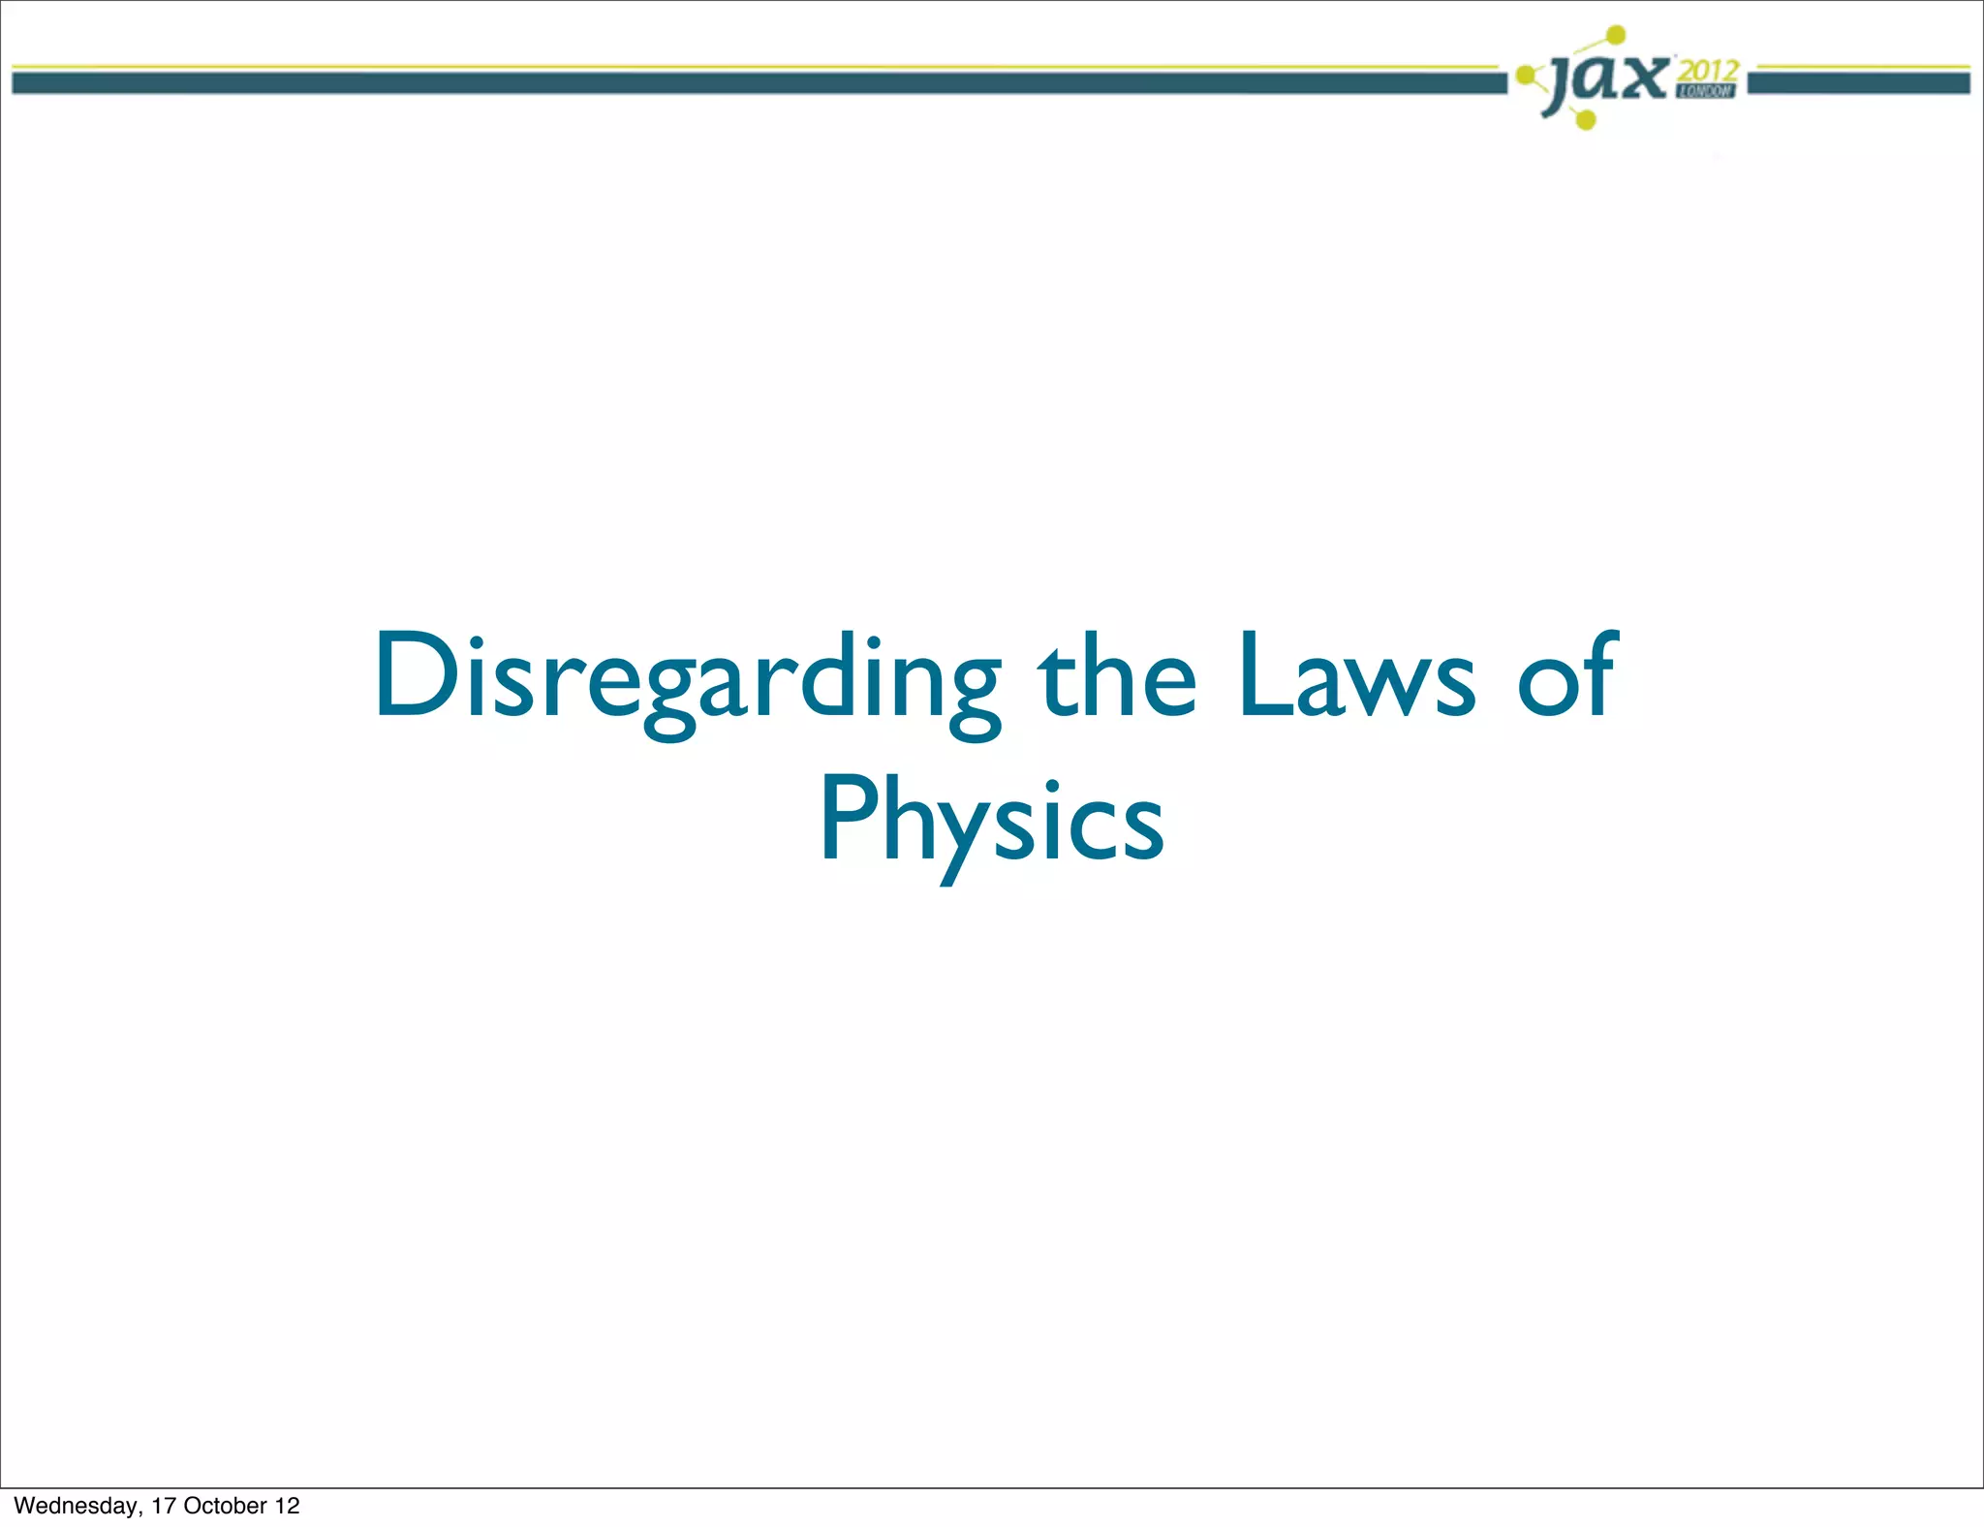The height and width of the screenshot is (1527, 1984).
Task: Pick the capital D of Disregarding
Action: [415, 674]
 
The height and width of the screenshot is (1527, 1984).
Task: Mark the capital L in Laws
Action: [1263, 674]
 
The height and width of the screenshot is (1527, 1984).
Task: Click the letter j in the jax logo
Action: [1560, 83]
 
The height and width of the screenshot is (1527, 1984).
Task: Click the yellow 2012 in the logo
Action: [1709, 70]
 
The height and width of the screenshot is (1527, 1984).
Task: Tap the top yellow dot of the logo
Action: [1616, 35]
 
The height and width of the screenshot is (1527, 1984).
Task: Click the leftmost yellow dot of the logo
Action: [1526, 74]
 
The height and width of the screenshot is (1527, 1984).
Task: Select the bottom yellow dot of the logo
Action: [1586, 120]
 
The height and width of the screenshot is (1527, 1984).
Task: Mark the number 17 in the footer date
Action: [163, 1506]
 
